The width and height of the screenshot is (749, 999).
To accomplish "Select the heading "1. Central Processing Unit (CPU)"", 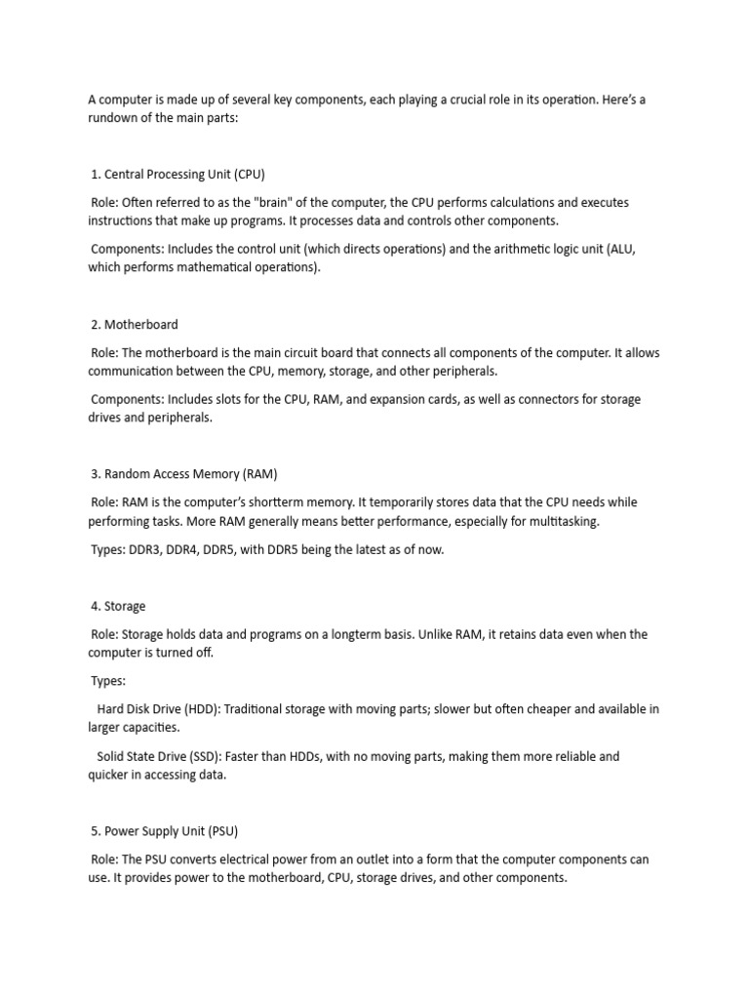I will [x=177, y=175].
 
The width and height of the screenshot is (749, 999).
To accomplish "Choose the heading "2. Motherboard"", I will [x=135, y=324].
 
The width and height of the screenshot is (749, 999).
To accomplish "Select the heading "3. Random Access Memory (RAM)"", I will [x=184, y=474].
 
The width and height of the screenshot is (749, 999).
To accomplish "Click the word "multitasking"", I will [x=564, y=521].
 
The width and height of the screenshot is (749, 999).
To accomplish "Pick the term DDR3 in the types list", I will [x=146, y=549].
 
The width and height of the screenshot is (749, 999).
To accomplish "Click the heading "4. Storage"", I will [x=118, y=606].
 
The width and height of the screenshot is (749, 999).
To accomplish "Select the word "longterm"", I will [x=400, y=634].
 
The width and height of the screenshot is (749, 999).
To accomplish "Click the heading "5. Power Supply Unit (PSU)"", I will [x=165, y=831].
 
